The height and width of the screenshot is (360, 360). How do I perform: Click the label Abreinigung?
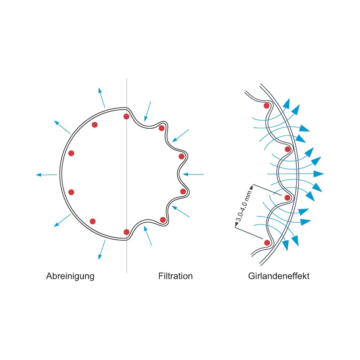pyautogui.click(x=70, y=276)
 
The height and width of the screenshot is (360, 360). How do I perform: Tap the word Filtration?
pyautogui.click(x=175, y=276)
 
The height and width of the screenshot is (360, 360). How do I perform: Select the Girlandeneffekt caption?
pyautogui.click(x=279, y=276)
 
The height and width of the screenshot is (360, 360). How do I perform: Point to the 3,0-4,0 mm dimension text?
pyautogui.click(x=243, y=206)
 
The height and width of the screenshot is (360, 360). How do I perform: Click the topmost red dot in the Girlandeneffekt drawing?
pyautogui.click(x=266, y=106)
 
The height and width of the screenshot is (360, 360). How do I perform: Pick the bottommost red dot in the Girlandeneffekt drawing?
pyautogui.click(x=267, y=243)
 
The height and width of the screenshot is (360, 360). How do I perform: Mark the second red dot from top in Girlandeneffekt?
pyautogui.click(x=288, y=149)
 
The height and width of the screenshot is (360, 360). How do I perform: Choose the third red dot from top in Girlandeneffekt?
pyautogui.click(x=288, y=198)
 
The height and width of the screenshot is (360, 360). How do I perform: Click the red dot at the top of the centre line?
pyautogui.click(x=126, y=117)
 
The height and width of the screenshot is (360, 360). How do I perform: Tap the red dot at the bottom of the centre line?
pyautogui.click(x=126, y=232)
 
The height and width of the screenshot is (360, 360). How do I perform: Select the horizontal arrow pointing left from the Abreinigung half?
pyautogui.click(x=47, y=175)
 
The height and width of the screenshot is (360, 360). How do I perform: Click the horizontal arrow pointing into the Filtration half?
pyautogui.click(x=193, y=175)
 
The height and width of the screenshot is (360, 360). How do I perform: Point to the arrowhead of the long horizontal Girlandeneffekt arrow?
pyautogui.click(x=319, y=174)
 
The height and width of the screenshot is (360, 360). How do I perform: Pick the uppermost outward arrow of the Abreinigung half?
pyautogui.click(x=102, y=98)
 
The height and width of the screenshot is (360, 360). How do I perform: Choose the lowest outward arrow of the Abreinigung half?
pyautogui.click(x=102, y=250)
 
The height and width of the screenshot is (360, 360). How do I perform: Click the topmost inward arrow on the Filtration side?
pyautogui.click(x=148, y=111)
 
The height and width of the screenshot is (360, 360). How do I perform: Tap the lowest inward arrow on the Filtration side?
pyautogui.click(x=148, y=235)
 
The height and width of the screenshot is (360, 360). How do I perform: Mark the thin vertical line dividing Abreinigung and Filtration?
pyautogui.click(x=127, y=175)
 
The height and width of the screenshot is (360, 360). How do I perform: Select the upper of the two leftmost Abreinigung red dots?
pyautogui.click(x=71, y=153)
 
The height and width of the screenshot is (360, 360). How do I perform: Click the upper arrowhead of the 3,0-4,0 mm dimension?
pyautogui.click(x=251, y=188)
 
